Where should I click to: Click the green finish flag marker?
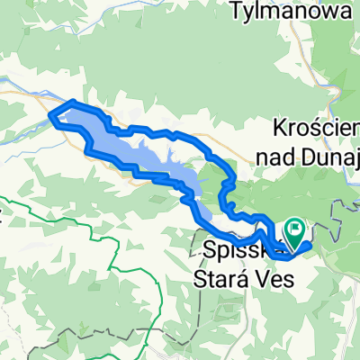(x=296, y=230)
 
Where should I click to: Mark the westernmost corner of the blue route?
(x=49, y=115)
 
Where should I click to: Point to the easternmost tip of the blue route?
(x=310, y=243)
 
